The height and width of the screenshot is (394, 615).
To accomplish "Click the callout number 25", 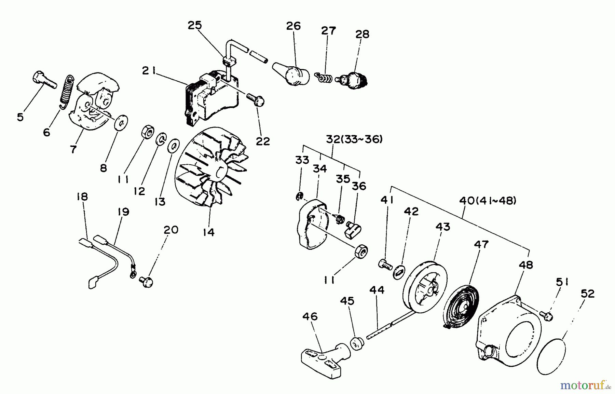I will tap(195, 26).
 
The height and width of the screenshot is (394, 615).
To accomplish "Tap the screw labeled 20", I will tap(146, 282).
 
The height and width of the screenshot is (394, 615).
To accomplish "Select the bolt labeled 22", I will tap(256, 99).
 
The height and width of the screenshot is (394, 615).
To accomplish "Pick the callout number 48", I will tap(526, 264).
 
